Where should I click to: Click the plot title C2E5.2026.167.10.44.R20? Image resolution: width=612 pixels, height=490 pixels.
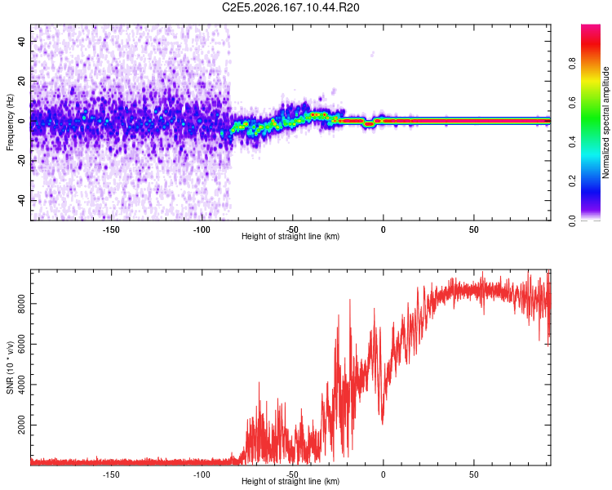point(290,7)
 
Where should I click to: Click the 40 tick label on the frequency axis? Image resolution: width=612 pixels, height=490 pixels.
point(22,42)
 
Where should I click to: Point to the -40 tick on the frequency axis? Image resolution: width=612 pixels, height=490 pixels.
point(22,200)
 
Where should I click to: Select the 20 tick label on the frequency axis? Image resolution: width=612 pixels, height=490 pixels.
point(22,82)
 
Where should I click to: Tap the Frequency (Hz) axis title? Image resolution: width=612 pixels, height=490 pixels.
point(10,122)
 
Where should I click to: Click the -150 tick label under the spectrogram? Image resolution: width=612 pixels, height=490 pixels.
point(111,229)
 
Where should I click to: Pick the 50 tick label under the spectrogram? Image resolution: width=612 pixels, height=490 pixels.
point(473,229)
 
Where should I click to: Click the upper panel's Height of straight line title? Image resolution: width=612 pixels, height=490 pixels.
point(290,236)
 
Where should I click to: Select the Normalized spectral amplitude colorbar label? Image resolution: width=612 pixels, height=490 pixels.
point(605,122)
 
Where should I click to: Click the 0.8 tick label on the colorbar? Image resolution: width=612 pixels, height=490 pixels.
point(572,63)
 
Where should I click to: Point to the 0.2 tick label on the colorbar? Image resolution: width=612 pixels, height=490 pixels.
point(572,181)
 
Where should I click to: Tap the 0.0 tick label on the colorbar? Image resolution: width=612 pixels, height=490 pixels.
point(572,220)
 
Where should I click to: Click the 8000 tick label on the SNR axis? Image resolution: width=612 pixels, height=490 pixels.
point(21,304)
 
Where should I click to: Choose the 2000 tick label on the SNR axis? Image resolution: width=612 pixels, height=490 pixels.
point(21,425)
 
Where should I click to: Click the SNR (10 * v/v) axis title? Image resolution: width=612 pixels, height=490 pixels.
point(10,367)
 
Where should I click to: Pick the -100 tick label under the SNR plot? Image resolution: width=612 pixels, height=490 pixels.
point(202,474)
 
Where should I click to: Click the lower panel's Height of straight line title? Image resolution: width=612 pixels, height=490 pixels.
point(290,481)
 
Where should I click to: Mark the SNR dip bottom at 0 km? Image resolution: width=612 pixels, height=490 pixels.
point(383,424)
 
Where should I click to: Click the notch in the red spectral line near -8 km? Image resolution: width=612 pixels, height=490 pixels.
point(369,124)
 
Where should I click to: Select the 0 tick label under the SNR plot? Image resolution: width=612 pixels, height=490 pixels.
point(383,474)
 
